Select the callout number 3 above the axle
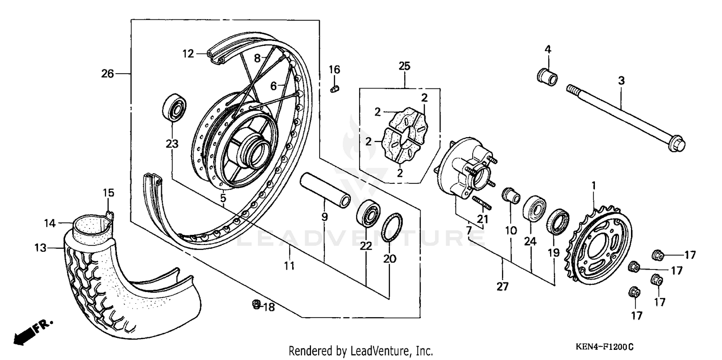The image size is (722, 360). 621,81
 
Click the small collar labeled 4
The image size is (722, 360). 547,77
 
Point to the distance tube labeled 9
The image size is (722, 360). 325,191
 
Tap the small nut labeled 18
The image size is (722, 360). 257,304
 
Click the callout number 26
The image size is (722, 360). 107,74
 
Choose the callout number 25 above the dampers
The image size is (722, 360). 404,66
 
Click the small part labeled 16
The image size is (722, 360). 335,89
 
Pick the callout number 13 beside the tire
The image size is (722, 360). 41,248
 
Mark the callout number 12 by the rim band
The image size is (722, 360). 187,53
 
